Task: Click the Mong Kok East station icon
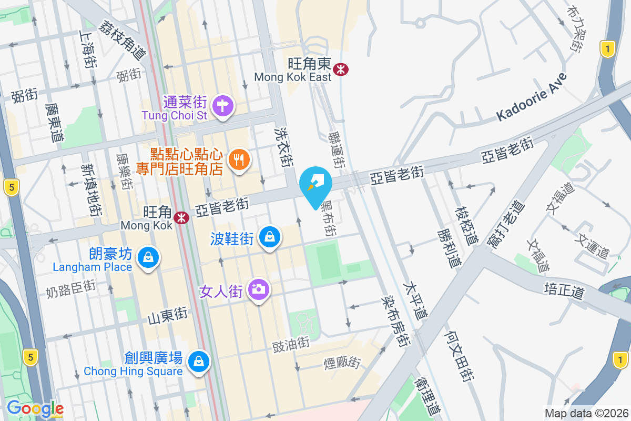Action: click(x=342, y=69)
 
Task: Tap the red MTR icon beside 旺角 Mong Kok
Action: click(x=182, y=217)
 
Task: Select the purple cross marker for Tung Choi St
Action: click(x=223, y=106)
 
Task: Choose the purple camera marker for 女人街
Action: click(x=258, y=289)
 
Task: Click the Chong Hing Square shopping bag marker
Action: click(x=199, y=362)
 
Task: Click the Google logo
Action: click(x=35, y=408)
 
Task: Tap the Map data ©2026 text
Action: click(x=586, y=413)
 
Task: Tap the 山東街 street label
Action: click(x=167, y=315)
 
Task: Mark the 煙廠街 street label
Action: click(x=341, y=363)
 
